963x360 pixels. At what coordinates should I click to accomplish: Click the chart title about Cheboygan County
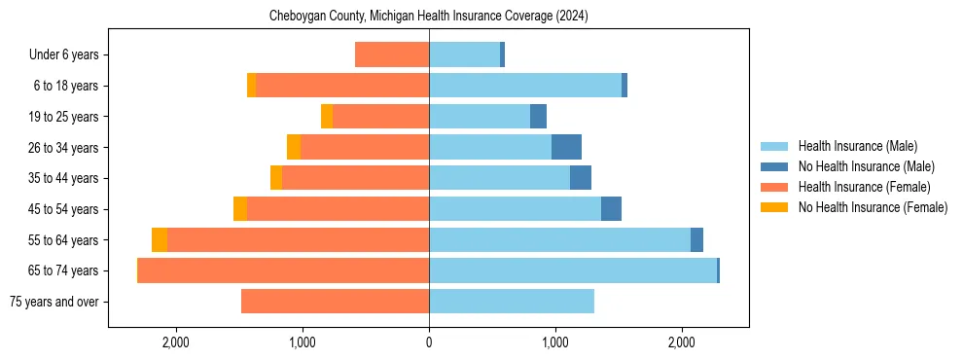[429, 17]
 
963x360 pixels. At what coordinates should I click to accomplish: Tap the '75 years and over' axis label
[53, 302]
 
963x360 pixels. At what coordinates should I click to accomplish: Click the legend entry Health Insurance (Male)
[857, 146]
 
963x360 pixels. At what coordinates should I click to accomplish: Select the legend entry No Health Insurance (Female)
[873, 207]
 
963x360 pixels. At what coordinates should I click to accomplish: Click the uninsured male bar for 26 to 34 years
[566, 147]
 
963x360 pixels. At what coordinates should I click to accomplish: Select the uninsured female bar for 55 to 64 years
[160, 239]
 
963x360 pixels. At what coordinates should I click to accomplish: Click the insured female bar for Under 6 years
[392, 54]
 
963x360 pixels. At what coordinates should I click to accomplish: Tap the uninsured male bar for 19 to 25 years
[538, 117]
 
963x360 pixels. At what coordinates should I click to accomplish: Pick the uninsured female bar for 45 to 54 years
[240, 209]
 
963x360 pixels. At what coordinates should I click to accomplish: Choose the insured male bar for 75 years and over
[512, 302]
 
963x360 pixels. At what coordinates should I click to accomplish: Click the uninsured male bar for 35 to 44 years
[581, 178]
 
